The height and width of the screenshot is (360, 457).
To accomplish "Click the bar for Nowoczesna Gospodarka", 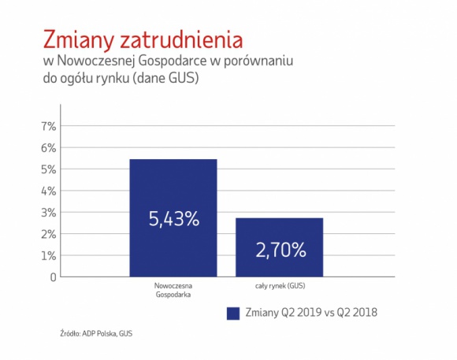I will click(173, 189).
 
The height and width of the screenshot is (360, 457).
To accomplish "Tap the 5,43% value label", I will click(173, 220).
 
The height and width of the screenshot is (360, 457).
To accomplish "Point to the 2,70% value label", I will click(280, 251).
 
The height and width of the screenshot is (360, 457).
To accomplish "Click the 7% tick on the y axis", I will click(49, 126).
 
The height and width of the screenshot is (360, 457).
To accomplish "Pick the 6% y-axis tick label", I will click(49, 147).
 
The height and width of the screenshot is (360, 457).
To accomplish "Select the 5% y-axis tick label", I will click(49, 169).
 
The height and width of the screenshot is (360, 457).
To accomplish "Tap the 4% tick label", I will click(49, 191).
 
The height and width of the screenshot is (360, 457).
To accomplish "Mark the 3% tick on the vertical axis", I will click(49, 213).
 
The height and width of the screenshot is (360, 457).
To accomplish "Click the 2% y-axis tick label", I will click(49, 234).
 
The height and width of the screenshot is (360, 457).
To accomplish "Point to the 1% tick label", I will click(49, 256).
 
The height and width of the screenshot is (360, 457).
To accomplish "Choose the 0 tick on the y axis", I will click(53, 277).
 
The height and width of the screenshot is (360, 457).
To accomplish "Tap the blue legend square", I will click(232, 313).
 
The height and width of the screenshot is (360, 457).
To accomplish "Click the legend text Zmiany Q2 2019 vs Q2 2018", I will click(311, 313).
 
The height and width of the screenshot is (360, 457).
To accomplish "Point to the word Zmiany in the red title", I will click(75, 40).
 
